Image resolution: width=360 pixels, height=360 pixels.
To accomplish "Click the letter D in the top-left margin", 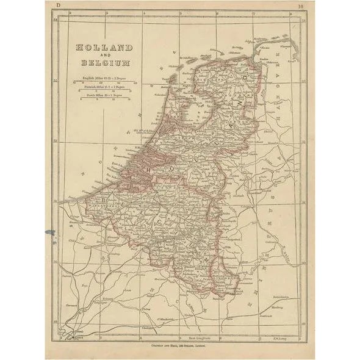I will click(58, 6).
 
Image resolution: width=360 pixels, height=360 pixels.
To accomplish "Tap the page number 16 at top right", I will click(302, 7).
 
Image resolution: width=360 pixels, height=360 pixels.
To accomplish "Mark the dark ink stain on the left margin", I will click(49, 232).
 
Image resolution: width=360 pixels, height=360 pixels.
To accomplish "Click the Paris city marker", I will click(73, 333).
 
